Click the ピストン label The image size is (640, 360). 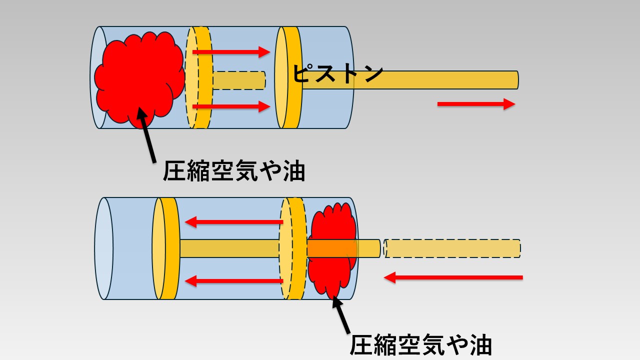tap(337, 74)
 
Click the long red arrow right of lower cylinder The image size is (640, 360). tap(453, 277)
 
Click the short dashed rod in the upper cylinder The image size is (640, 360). tap(239, 80)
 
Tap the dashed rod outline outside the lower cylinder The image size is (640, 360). tap(452, 248)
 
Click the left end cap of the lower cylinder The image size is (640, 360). tap(103, 248)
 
